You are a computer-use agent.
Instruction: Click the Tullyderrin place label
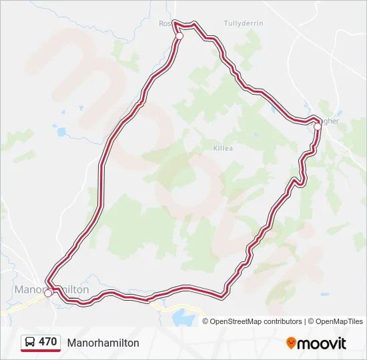point(244,23)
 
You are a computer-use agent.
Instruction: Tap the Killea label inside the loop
point(223,148)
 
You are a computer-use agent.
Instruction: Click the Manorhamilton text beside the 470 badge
point(103,343)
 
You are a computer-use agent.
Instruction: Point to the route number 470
point(47,342)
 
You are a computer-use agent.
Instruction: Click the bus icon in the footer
point(30,342)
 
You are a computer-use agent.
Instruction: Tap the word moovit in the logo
point(322,343)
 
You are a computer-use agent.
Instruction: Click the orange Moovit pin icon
point(291,343)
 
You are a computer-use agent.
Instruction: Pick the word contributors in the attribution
point(284,321)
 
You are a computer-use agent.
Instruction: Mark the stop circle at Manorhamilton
point(48,293)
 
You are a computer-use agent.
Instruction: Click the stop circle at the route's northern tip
point(179,36)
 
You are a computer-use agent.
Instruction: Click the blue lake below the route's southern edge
point(181,316)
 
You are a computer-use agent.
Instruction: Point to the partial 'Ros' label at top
point(165,23)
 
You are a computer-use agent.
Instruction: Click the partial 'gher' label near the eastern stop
point(330,121)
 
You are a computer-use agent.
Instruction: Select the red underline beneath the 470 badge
point(40,351)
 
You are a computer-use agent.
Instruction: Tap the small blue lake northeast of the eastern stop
point(339,113)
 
